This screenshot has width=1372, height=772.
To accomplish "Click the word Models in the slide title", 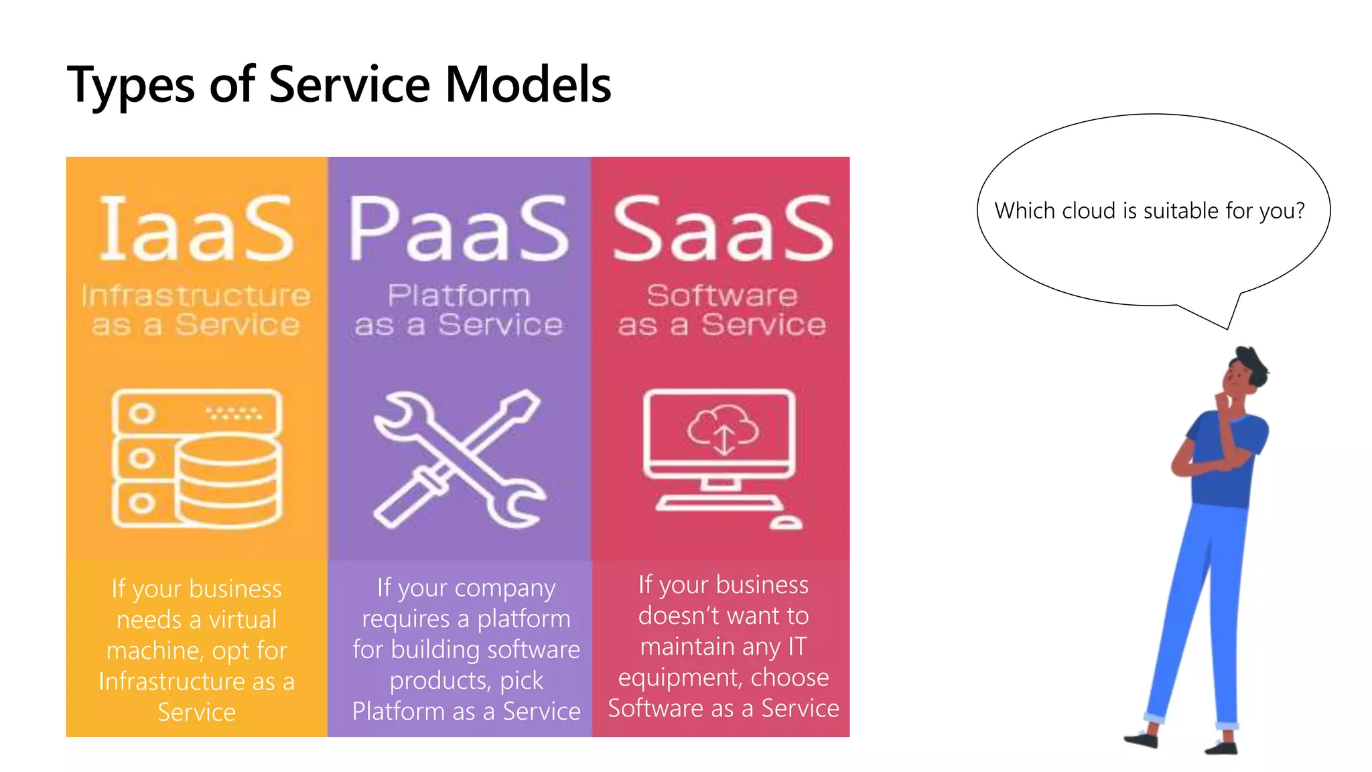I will pos(528,85).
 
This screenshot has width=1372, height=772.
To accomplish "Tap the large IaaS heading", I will pos(196,229).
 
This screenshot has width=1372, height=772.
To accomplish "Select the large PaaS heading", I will pos(459,229).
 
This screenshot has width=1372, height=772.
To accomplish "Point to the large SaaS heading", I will pos(722,229).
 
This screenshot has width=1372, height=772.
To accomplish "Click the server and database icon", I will pos(196,459).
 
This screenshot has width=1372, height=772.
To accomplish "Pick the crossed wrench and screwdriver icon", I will pos(459,459).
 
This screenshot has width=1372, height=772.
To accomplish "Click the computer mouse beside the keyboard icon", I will pos(785,522).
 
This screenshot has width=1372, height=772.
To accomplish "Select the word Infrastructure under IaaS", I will pos(196,296).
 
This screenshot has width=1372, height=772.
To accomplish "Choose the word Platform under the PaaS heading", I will pos(459,296).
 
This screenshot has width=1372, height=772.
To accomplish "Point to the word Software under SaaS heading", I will pos(722,296).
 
